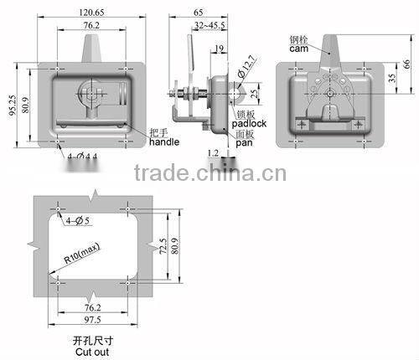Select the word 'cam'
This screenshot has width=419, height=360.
pyautogui.click(x=300, y=49)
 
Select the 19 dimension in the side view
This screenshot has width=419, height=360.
pyautogui.click(x=218, y=49)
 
